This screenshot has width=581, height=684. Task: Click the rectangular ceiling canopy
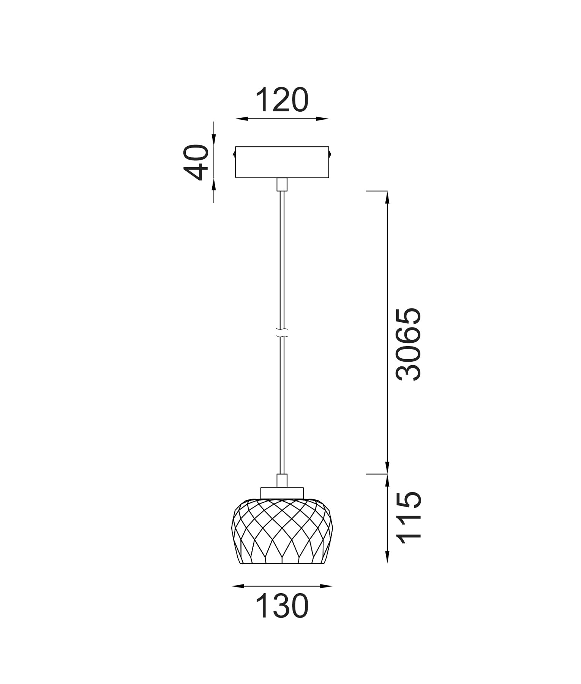pyautogui.click(x=282, y=162)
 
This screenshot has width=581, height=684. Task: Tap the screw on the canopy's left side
pyautogui.click(x=234, y=154)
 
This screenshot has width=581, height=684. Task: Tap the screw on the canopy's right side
pyautogui.click(x=330, y=154)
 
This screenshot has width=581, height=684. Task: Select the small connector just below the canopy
pyautogui.click(x=282, y=184)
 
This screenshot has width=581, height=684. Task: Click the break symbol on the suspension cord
pyautogui.click(x=282, y=333)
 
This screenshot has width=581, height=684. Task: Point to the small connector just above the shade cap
pyautogui.click(x=282, y=481)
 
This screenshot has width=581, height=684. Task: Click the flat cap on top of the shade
pyautogui.click(x=282, y=492)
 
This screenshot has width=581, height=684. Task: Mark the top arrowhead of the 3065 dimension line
pyautogui.click(x=387, y=196)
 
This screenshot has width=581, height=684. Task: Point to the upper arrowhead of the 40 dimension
pyautogui.click(x=214, y=140)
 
